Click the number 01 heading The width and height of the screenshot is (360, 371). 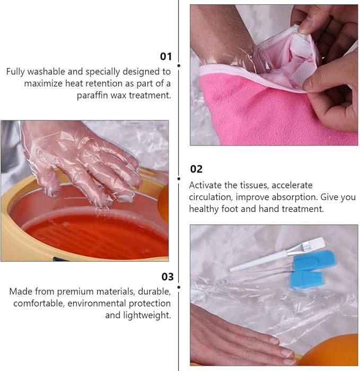point(166,57)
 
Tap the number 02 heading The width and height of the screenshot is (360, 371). point(196,169)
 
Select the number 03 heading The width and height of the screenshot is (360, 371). point(168,277)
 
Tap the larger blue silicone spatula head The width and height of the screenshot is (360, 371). point(314,261)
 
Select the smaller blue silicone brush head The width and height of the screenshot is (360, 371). point(306,279)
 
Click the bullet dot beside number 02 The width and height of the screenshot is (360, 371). point(179,179)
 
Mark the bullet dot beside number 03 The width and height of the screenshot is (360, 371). point(179,287)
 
